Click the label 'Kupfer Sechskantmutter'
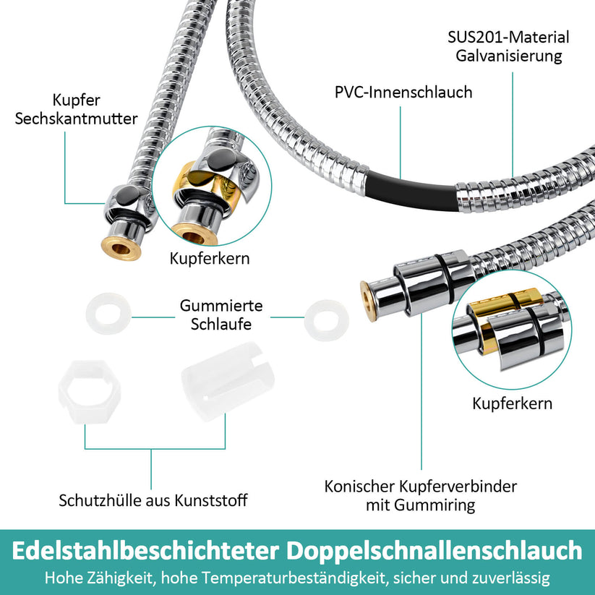pyautogui.click(x=76, y=109)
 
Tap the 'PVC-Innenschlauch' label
pyautogui.click(x=403, y=93)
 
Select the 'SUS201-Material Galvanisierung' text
pyautogui.click(x=508, y=46)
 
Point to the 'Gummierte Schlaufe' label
pyautogui.click(x=221, y=314)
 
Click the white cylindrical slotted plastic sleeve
pyautogui.click(x=228, y=382)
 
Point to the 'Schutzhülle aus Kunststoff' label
pyautogui.click(x=153, y=500)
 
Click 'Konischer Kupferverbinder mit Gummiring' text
pyautogui.click(x=421, y=495)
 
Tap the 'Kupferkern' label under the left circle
pyautogui.click(x=210, y=258)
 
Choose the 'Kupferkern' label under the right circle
pyautogui.click(x=513, y=403)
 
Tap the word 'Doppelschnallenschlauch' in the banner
pyautogui.click(x=435, y=551)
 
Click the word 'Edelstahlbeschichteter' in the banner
pyautogui.click(x=146, y=551)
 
